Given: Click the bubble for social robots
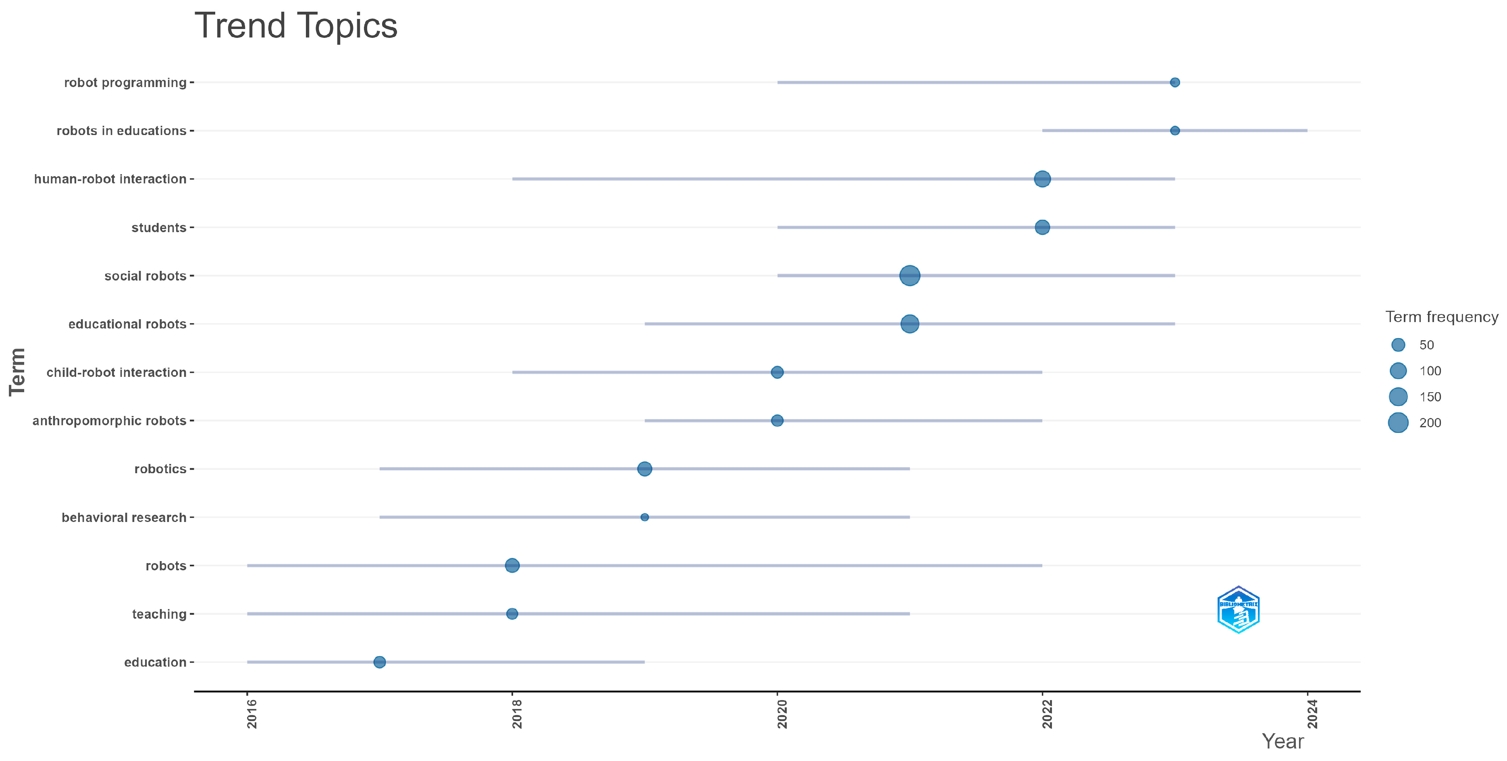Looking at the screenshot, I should [x=909, y=276].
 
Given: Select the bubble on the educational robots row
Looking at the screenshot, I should [x=909, y=324].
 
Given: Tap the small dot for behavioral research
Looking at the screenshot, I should [x=644, y=517].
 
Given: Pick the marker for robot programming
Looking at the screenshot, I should [x=1174, y=83].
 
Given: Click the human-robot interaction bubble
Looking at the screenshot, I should [x=1042, y=179].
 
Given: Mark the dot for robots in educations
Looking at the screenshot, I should [x=1174, y=131].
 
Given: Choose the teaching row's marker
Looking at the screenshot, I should [x=512, y=613].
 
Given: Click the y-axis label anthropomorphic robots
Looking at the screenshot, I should [x=109, y=420].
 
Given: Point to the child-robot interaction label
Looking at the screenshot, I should [x=116, y=372].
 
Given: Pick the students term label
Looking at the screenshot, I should [x=158, y=228].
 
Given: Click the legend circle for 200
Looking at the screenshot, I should [x=1398, y=422].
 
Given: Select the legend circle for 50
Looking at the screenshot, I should [x=1398, y=345].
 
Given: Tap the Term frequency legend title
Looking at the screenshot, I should [x=1441, y=317].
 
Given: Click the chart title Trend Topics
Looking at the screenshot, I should [x=295, y=26].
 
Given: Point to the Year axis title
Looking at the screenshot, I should [x=1283, y=742].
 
